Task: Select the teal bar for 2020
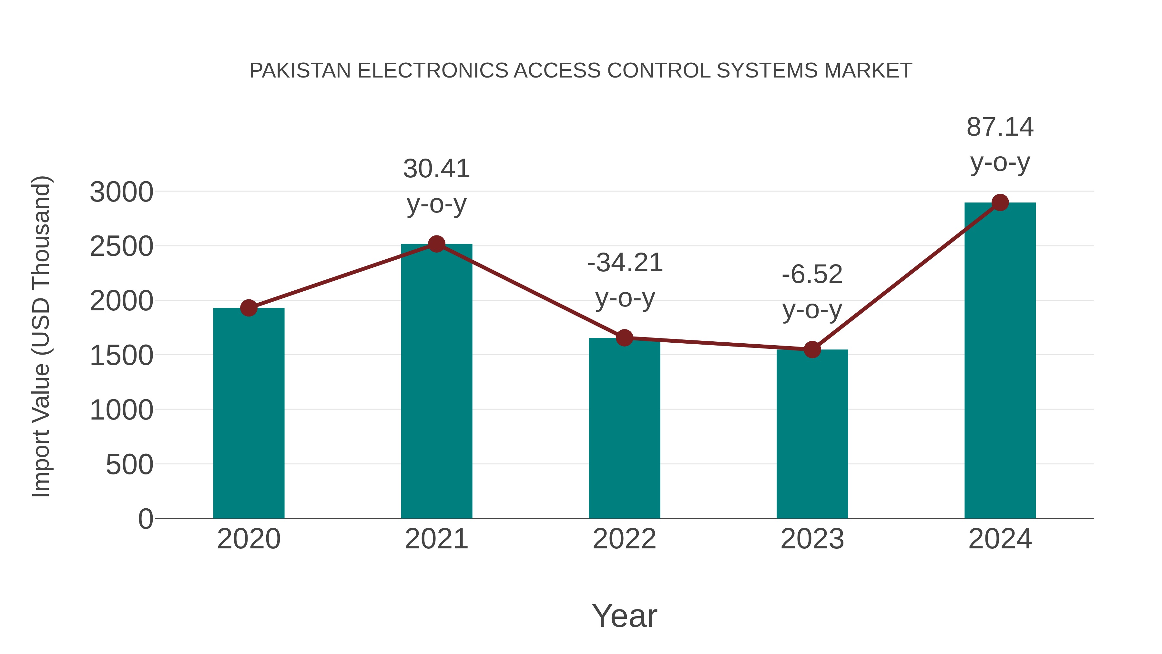[x=249, y=413]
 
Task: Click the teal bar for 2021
[x=436, y=381]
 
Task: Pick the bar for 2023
[x=812, y=433]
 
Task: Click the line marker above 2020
[x=249, y=308]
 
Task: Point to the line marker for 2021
[x=436, y=244]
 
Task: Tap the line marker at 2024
[x=1000, y=202]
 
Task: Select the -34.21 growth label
[x=625, y=280]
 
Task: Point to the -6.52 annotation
[x=812, y=292]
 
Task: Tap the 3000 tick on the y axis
[x=121, y=192]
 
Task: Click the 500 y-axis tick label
[x=129, y=464]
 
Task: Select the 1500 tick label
[x=121, y=356]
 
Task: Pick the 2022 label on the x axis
[x=624, y=539]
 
